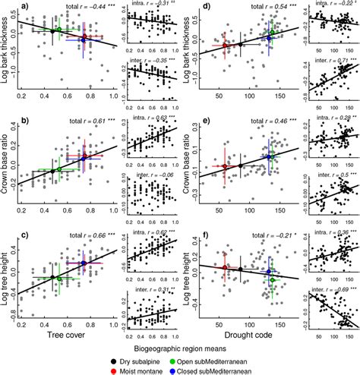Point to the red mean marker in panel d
click(225, 47)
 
